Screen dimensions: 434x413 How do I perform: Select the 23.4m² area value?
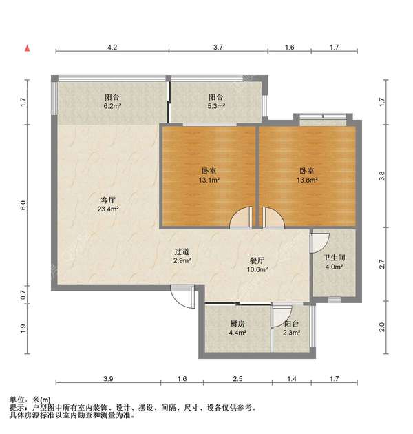(x=108, y=209)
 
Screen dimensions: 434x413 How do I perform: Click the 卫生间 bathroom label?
(x=335, y=258)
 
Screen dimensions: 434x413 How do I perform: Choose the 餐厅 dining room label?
(x=258, y=260)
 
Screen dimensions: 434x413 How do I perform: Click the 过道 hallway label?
(x=182, y=253)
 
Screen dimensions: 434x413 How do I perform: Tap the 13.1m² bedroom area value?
(x=209, y=180)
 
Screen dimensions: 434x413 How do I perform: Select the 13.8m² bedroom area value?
(x=307, y=180)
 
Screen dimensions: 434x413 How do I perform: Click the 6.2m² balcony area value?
(x=113, y=107)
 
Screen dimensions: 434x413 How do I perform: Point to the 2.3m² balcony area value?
(x=292, y=332)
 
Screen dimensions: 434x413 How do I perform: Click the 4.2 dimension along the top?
(x=112, y=48)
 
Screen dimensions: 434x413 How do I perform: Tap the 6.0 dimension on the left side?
(x=23, y=205)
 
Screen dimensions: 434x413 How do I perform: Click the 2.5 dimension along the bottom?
(x=237, y=379)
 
